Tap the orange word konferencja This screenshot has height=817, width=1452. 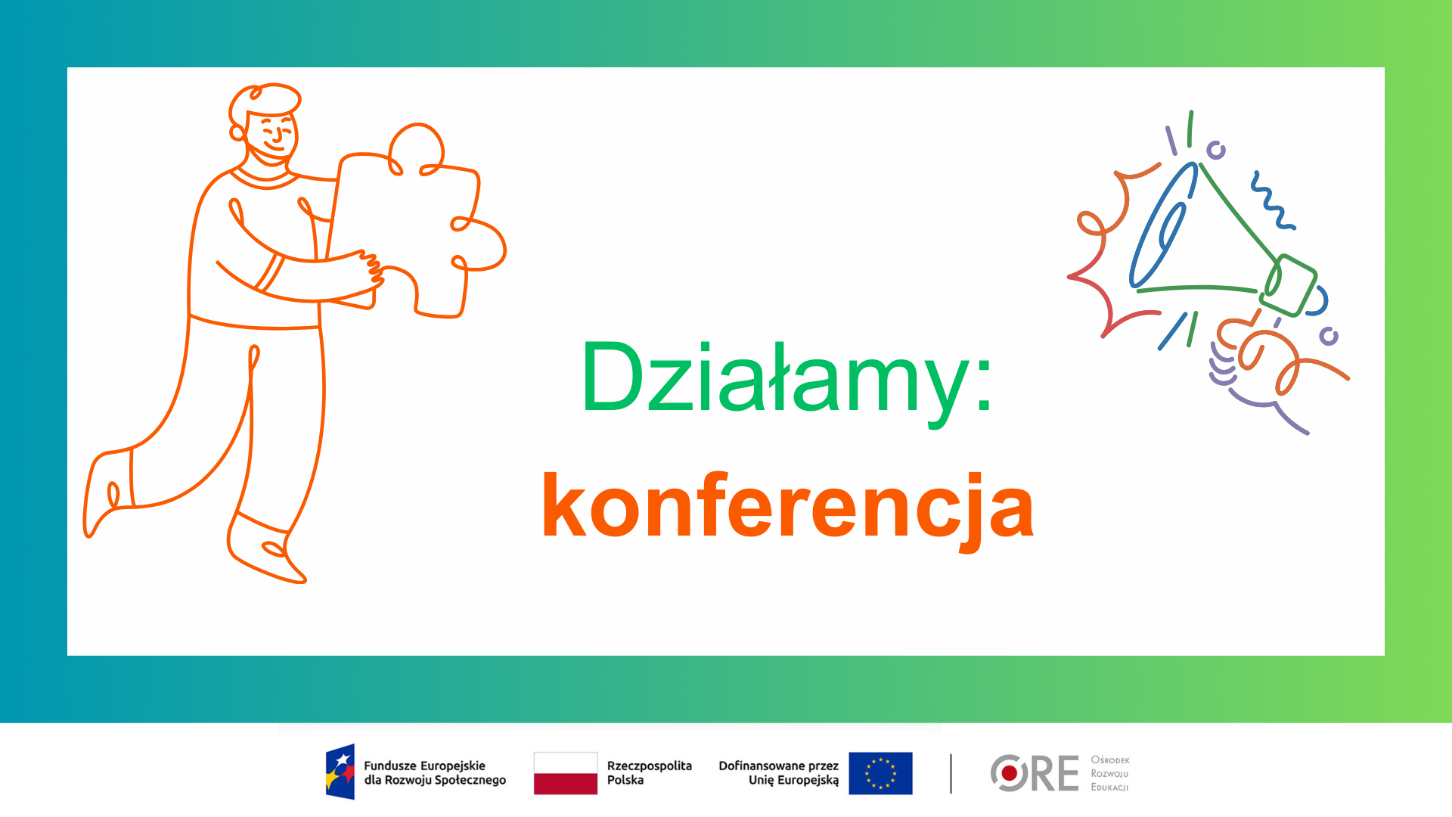[x=787, y=507]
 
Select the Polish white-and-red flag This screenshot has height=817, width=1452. [x=566, y=773]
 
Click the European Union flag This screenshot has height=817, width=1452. [x=880, y=773]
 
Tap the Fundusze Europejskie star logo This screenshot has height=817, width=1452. [x=340, y=772]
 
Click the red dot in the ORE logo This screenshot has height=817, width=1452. [x=1009, y=773]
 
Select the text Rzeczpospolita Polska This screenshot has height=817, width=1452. [x=649, y=773]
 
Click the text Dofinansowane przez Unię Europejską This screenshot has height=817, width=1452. [x=779, y=773]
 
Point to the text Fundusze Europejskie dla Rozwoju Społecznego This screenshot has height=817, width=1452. [x=435, y=773]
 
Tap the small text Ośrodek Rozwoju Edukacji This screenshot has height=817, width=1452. [x=1110, y=773]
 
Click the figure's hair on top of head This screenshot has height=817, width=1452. [x=265, y=98]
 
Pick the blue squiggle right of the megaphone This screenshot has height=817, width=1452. [x=1272, y=200]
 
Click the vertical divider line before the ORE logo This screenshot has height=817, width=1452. [x=951, y=773]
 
